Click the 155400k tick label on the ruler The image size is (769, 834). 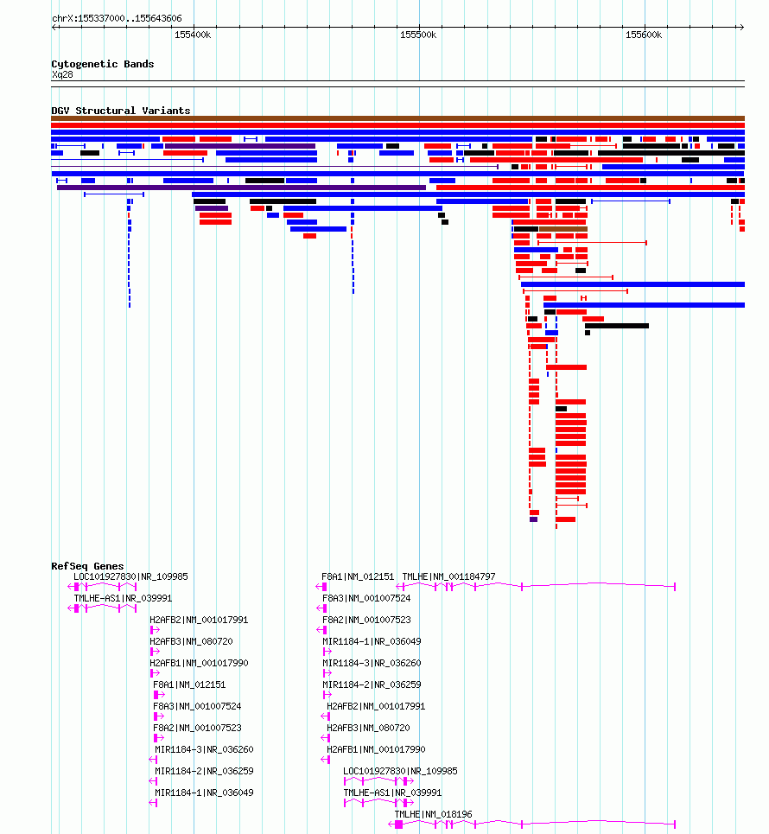coord(193,35)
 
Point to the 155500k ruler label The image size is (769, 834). coord(418,35)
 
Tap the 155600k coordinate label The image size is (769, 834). coord(644,35)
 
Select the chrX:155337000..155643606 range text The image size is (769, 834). coord(117,19)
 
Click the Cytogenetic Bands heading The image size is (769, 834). coord(103,64)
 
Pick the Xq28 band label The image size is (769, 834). coord(62,74)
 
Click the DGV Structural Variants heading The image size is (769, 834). coord(121,111)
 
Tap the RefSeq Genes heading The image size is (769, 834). coord(87,566)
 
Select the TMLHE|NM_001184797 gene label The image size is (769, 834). coord(448,576)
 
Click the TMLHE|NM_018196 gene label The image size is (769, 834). coord(433,814)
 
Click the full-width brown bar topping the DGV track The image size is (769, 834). coord(397,118)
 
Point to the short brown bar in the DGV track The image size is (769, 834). coord(563,229)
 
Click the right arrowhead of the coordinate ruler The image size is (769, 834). coord(741,27)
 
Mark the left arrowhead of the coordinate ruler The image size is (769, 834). coord(54,27)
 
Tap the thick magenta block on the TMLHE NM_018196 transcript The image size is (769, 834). coord(399,824)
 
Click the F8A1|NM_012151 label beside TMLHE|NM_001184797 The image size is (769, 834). coord(358,576)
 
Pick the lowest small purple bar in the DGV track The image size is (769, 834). coord(533,519)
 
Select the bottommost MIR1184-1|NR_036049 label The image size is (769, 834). coord(204,793)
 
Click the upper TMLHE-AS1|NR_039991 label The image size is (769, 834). coord(123,598)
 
